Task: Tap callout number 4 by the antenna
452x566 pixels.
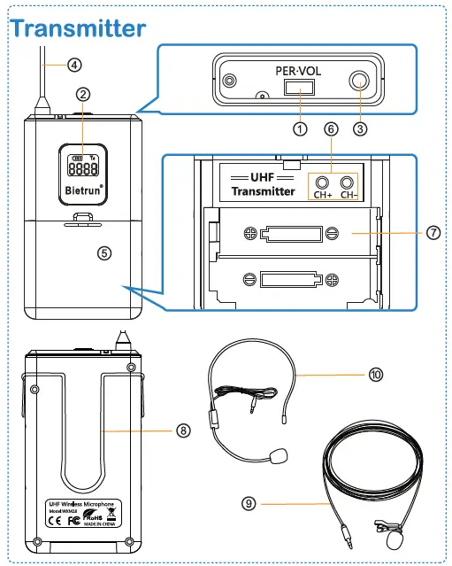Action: coord(74,64)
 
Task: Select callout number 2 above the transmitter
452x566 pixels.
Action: coord(82,93)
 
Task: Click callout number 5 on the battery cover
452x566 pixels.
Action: coord(104,252)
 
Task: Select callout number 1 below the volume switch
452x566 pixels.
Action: coord(299,128)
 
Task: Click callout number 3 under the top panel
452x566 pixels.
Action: coord(359,128)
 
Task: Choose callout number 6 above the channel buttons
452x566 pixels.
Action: coord(331,128)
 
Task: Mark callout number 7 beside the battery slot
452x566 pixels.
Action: coord(433,232)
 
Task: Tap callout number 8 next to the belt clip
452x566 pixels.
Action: coord(183,430)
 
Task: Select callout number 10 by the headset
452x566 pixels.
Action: coord(376,374)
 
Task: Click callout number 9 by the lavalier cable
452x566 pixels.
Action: coord(249,503)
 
